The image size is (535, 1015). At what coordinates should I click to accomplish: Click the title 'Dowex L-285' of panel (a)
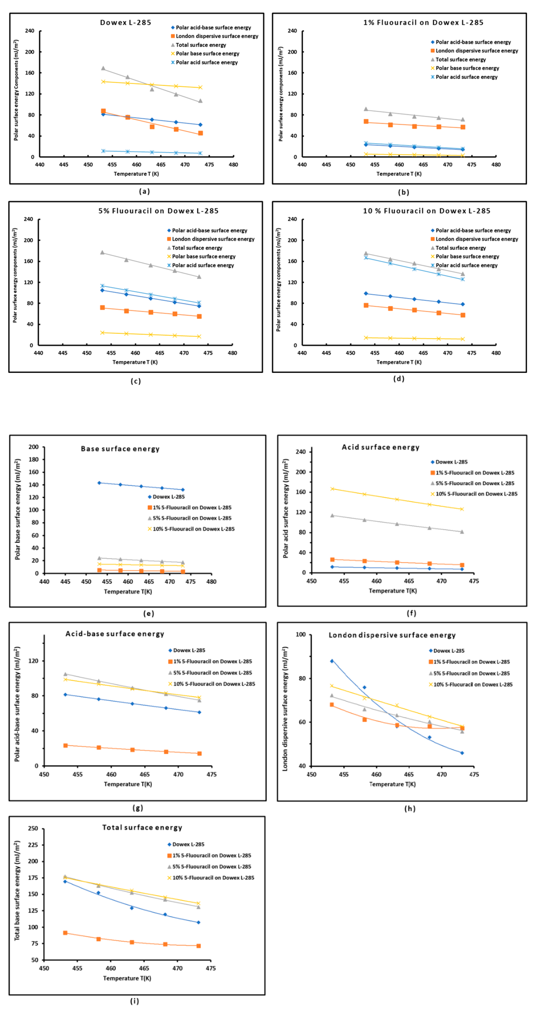[x=125, y=22]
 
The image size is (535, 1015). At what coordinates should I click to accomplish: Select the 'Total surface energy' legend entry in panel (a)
[x=200, y=45]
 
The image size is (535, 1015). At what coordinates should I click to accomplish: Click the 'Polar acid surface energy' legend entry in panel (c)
[x=203, y=265]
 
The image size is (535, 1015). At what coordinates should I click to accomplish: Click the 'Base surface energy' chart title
[x=120, y=449]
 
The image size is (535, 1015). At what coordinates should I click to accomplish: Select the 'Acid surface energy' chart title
[x=380, y=447]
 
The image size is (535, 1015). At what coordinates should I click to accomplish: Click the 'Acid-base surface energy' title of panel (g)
[x=115, y=634]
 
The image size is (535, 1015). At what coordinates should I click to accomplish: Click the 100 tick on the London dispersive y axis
[x=301, y=634]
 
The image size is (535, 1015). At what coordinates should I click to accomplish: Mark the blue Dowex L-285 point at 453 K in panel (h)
[x=332, y=661]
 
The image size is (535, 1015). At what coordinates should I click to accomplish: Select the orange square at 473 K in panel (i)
[x=199, y=946]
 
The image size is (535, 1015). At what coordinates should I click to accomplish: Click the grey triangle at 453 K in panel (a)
[x=103, y=68]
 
